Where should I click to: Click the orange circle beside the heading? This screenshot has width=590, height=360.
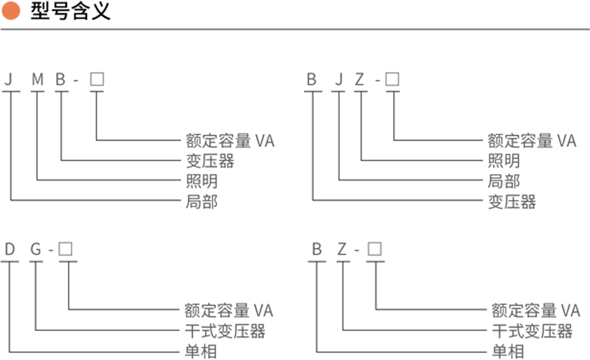click(x=11, y=11)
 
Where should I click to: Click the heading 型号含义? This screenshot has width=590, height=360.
click(x=70, y=11)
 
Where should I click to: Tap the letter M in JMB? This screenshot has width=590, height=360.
click(x=38, y=80)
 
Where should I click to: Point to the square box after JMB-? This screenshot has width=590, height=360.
click(x=97, y=80)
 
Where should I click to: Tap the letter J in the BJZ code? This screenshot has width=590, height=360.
click(x=339, y=80)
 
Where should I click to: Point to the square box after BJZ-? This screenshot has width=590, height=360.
click(x=392, y=79)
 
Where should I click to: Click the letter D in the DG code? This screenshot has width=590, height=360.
click(x=9, y=249)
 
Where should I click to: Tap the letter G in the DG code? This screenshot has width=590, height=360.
click(x=36, y=249)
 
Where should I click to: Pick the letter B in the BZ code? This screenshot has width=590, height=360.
click(x=317, y=249)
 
